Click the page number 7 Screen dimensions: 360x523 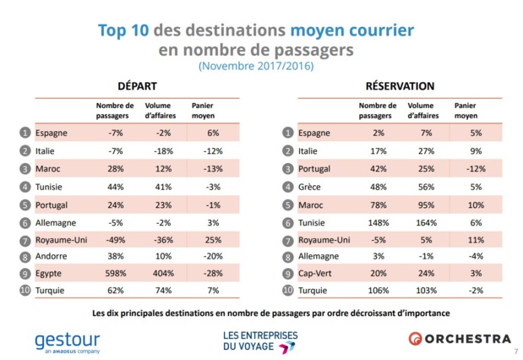(x=515, y=350)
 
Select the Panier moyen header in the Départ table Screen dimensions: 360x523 (x=205, y=112)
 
